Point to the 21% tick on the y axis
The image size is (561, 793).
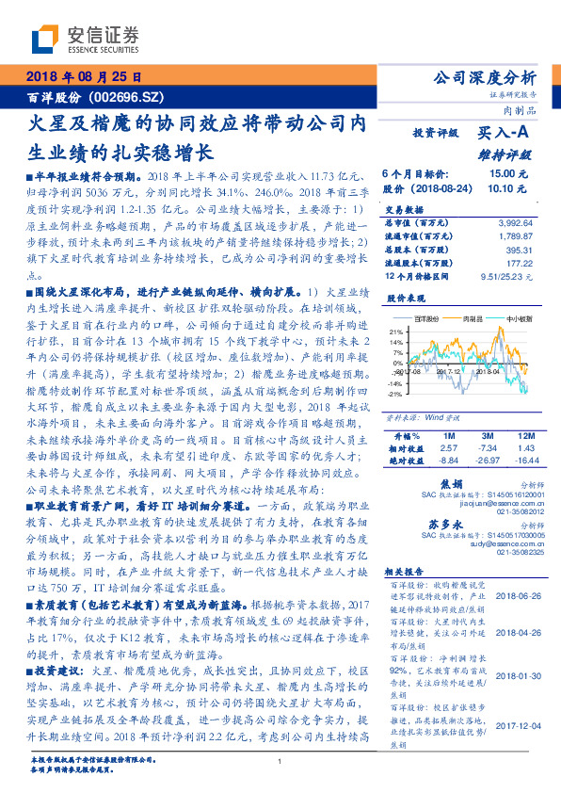(396, 343)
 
